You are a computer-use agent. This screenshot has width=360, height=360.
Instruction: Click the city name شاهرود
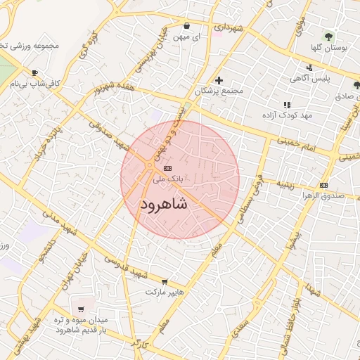point(164,205)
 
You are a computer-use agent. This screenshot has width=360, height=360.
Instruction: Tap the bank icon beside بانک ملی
point(167,168)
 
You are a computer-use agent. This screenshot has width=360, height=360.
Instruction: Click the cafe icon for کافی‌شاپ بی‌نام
point(34,73)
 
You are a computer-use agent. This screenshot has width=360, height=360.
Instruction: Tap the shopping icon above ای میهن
point(186,24)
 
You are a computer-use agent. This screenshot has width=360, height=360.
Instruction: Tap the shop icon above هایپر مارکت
point(165,281)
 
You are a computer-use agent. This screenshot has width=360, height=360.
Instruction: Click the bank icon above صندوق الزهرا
point(323,185)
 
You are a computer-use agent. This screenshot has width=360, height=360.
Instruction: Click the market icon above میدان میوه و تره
point(82,309)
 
